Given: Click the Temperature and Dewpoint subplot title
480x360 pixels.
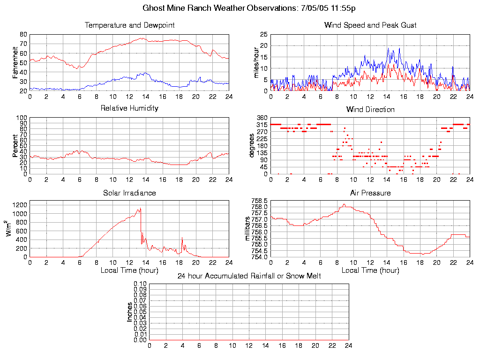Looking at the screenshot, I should click(129, 25).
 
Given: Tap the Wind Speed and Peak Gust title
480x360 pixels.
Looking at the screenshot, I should click(370, 25).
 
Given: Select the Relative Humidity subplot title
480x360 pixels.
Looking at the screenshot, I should click(129, 108).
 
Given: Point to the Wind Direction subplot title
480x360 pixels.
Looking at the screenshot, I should click(370, 109).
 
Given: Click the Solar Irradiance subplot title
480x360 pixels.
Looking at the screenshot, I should click(129, 193).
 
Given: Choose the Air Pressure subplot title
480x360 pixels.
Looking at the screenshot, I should click(370, 193).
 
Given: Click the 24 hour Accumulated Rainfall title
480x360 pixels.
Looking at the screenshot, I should click(249, 276).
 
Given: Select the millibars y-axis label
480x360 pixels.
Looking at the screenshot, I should click(248, 229).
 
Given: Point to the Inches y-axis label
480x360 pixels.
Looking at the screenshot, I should click(129, 312).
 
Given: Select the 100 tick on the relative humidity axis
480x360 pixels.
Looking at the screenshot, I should click(22, 118).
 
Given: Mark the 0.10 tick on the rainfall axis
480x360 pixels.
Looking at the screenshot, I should click(140, 284).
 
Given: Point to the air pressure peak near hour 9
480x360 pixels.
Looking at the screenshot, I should click(344, 204).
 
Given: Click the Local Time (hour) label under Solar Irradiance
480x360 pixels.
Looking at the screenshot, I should click(129, 270).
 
